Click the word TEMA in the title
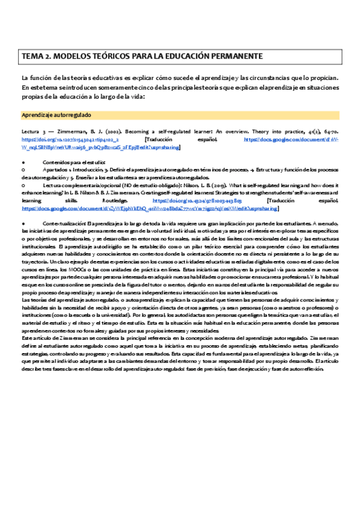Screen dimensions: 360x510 point(32,56)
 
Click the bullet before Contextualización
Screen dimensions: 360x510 point(23,224)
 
